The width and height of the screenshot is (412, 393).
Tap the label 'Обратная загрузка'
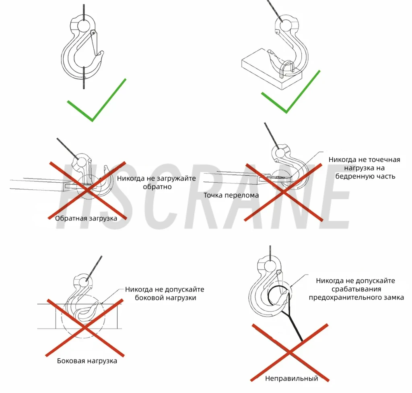click(x=86, y=218)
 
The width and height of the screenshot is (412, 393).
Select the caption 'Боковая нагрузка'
click(x=87, y=361)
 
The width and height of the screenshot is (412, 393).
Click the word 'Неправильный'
click(x=291, y=378)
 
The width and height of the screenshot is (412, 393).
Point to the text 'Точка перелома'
click(x=231, y=195)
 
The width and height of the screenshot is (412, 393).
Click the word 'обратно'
click(x=157, y=187)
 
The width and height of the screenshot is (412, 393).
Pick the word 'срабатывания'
click(x=356, y=289)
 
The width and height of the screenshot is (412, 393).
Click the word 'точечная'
click(x=384, y=160)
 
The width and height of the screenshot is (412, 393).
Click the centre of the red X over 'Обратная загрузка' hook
click(x=87, y=190)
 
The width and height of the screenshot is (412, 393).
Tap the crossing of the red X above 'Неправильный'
click(x=290, y=352)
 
